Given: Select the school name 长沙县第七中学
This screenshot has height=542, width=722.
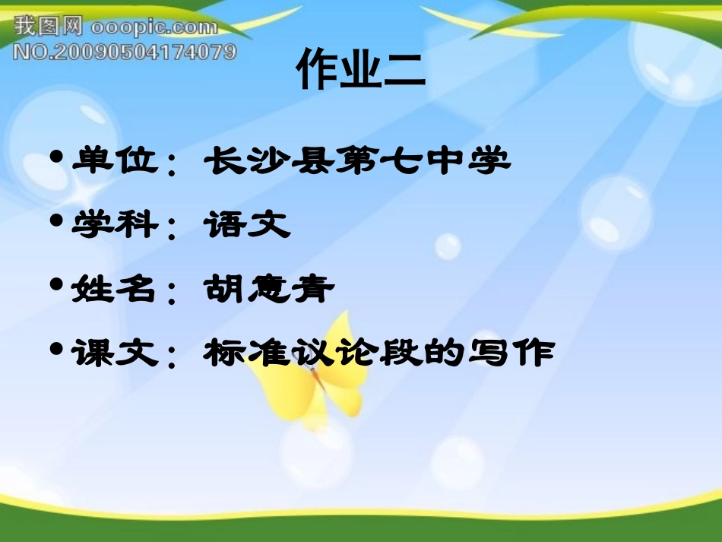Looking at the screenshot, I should click(356, 160).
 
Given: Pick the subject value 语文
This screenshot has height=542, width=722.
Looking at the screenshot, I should click(247, 225).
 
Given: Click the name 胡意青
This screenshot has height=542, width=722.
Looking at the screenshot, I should click(269, 289).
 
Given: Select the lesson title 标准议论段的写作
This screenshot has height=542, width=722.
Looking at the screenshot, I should click(378, 353).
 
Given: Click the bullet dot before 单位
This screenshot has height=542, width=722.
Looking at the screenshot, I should click(55, 158).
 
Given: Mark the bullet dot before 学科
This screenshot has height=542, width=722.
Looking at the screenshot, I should click(55, 222).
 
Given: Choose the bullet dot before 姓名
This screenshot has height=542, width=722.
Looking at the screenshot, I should click(55, 286).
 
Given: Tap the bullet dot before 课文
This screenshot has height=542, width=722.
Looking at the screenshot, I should click(55, 350).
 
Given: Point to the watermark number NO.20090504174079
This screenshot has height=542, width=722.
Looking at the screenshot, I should click(125, 52).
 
